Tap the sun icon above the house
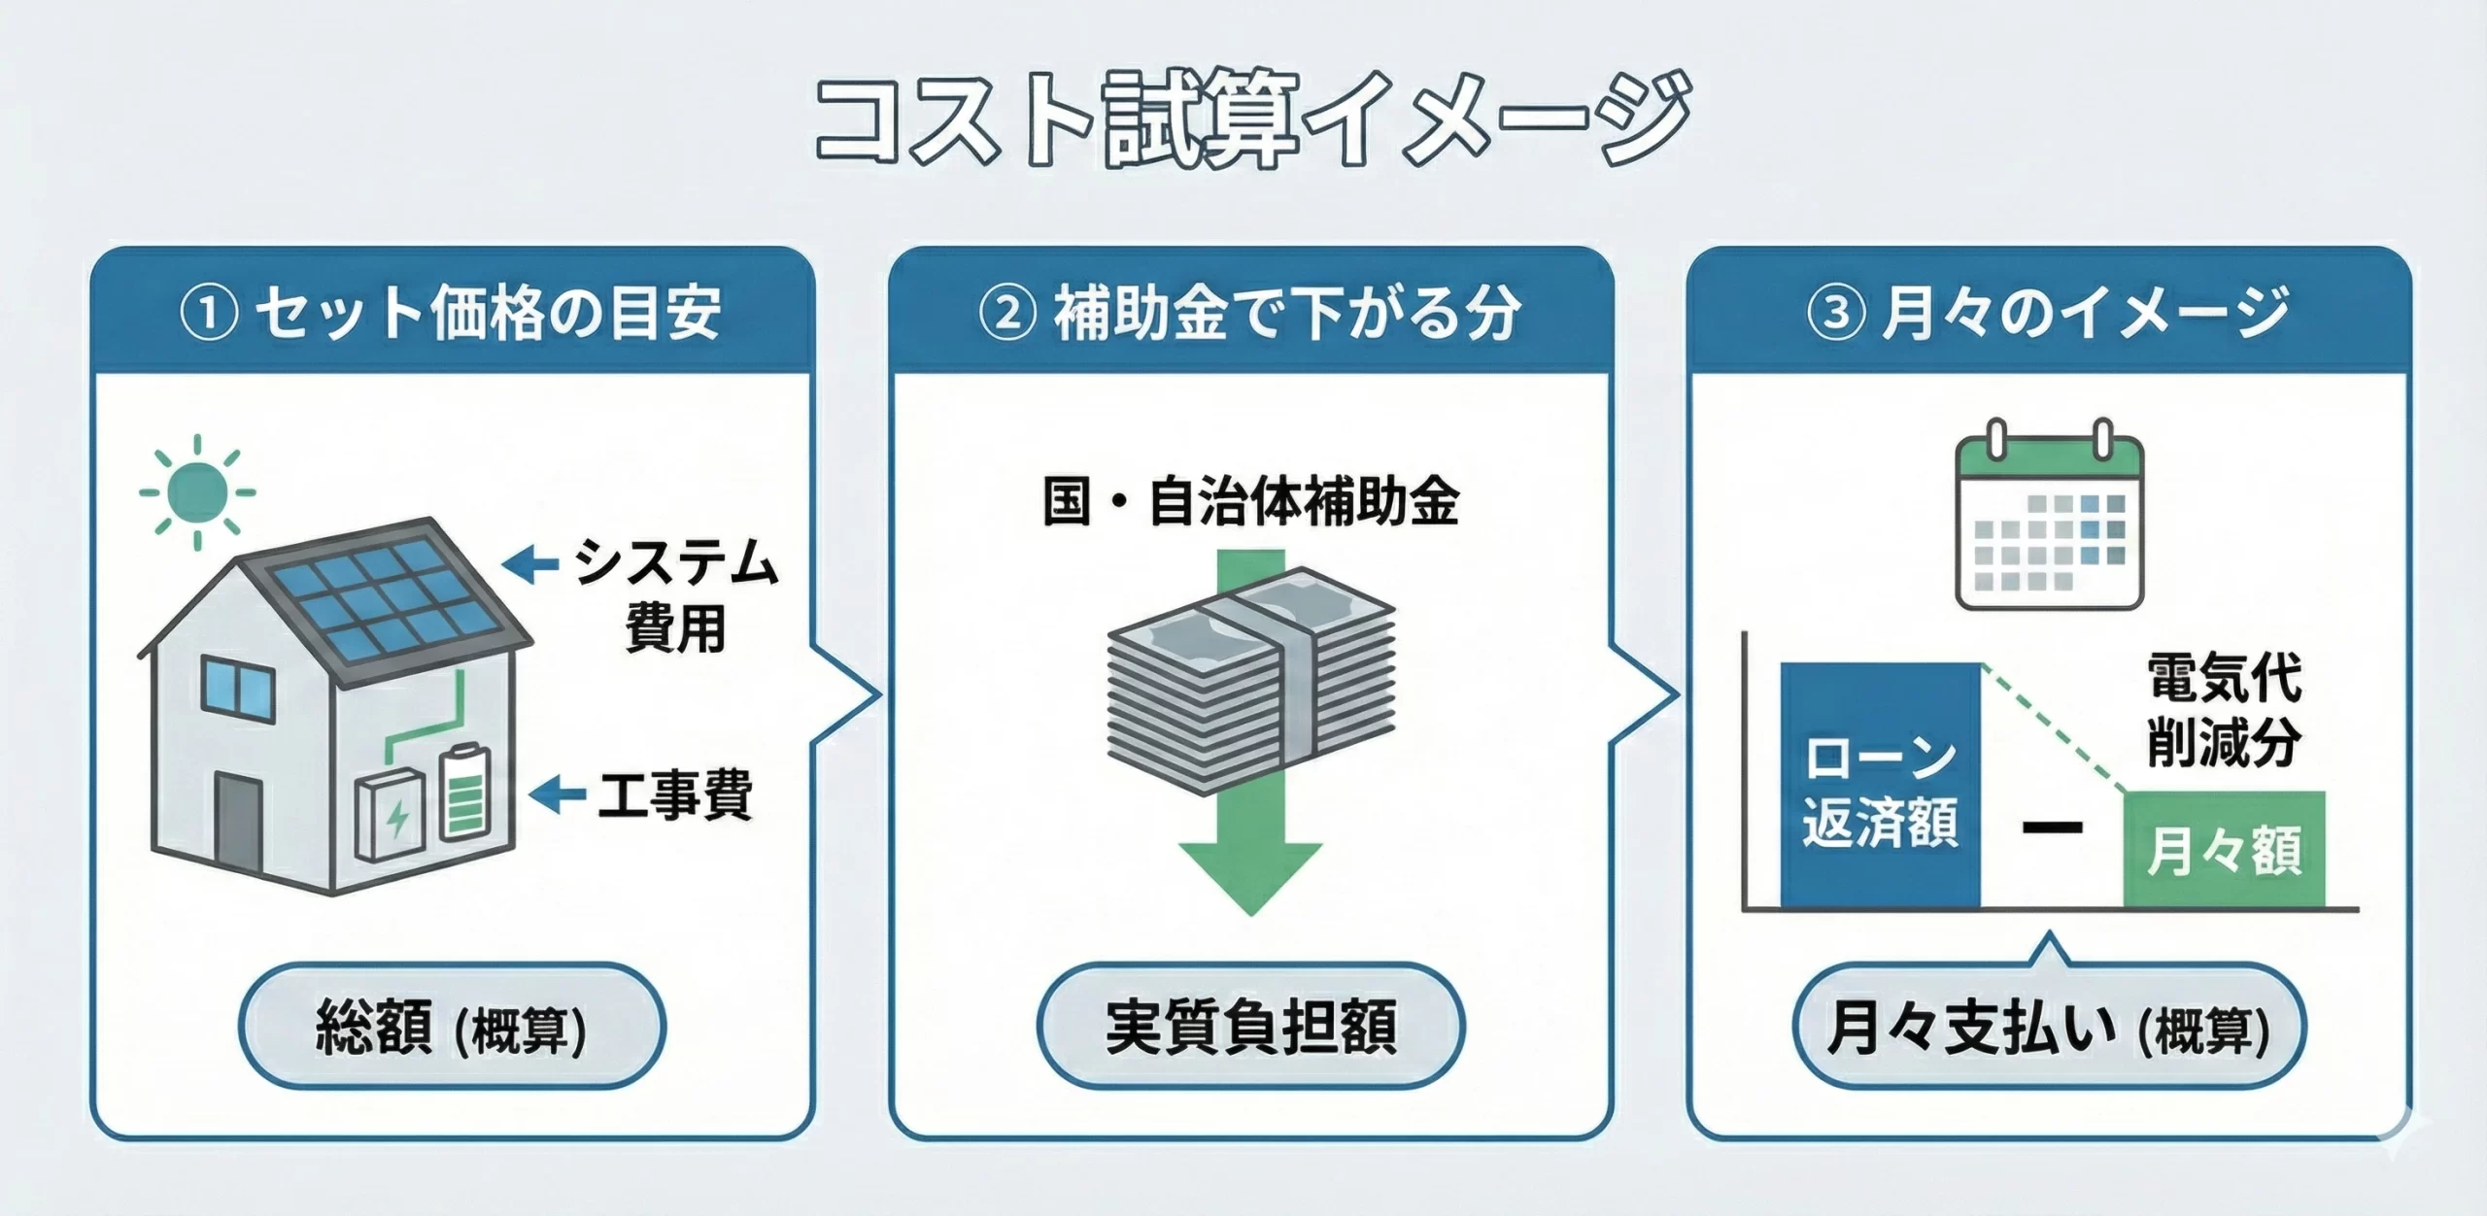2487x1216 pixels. coord(197,491)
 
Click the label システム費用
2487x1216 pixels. coord(675,595)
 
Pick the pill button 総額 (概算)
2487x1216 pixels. coord(452,1027)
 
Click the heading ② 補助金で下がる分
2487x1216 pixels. coord(1251,313)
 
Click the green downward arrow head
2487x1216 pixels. coord(1251,874)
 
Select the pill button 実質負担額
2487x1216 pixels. coord(1251,1027)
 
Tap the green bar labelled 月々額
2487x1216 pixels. coord(2224,851)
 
